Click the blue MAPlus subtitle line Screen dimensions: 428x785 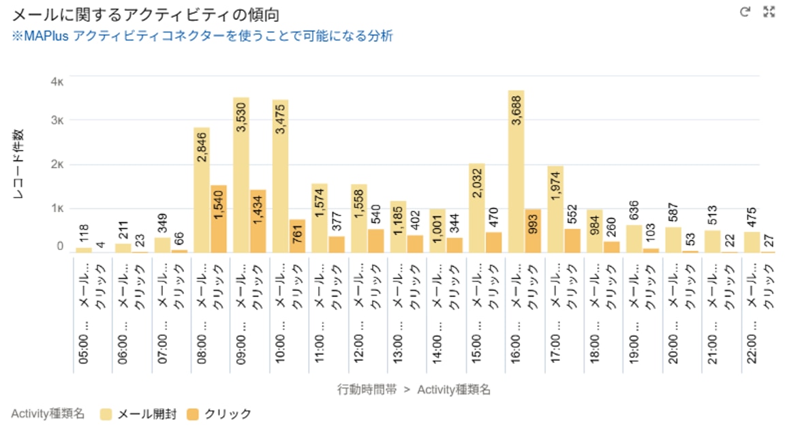tap(202, 36)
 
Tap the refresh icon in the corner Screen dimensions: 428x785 tap(745, 12)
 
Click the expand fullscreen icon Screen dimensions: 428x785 tap(769, 12)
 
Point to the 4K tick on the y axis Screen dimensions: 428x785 tap(57, 81)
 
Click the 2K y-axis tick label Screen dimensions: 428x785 tap(57, 164)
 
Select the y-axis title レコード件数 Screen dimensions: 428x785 tap(20, 164)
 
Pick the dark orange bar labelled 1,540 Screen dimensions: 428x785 tap(218, 219)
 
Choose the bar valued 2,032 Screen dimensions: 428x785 tap(476, 208)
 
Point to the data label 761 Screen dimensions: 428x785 tap(297, 236)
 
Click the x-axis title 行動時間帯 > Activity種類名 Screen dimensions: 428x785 tap(414, 390)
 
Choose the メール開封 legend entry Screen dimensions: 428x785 tap(138, 414)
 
